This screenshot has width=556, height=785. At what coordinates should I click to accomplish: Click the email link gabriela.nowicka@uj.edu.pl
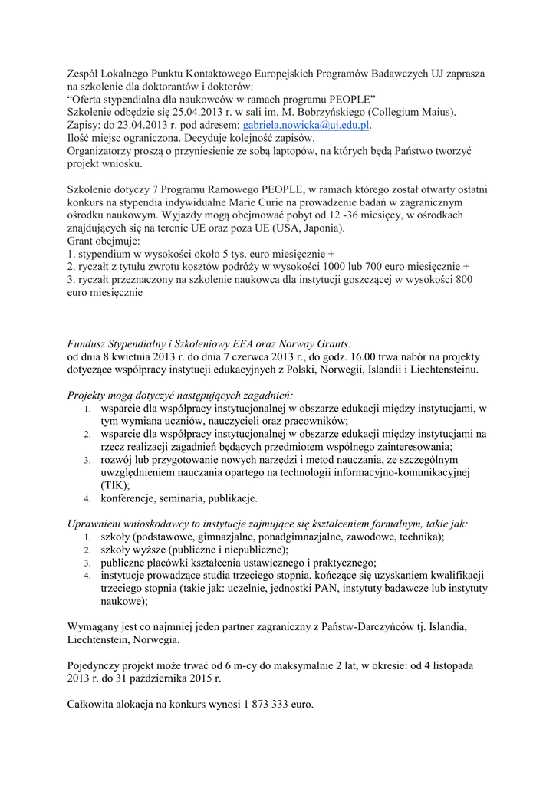coord(306,125)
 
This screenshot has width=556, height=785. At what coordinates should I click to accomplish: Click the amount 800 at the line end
coord(462,280)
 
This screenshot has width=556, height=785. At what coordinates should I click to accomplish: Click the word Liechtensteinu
coord(439,370)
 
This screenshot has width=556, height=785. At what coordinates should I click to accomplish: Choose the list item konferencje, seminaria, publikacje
coord(179,499)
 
